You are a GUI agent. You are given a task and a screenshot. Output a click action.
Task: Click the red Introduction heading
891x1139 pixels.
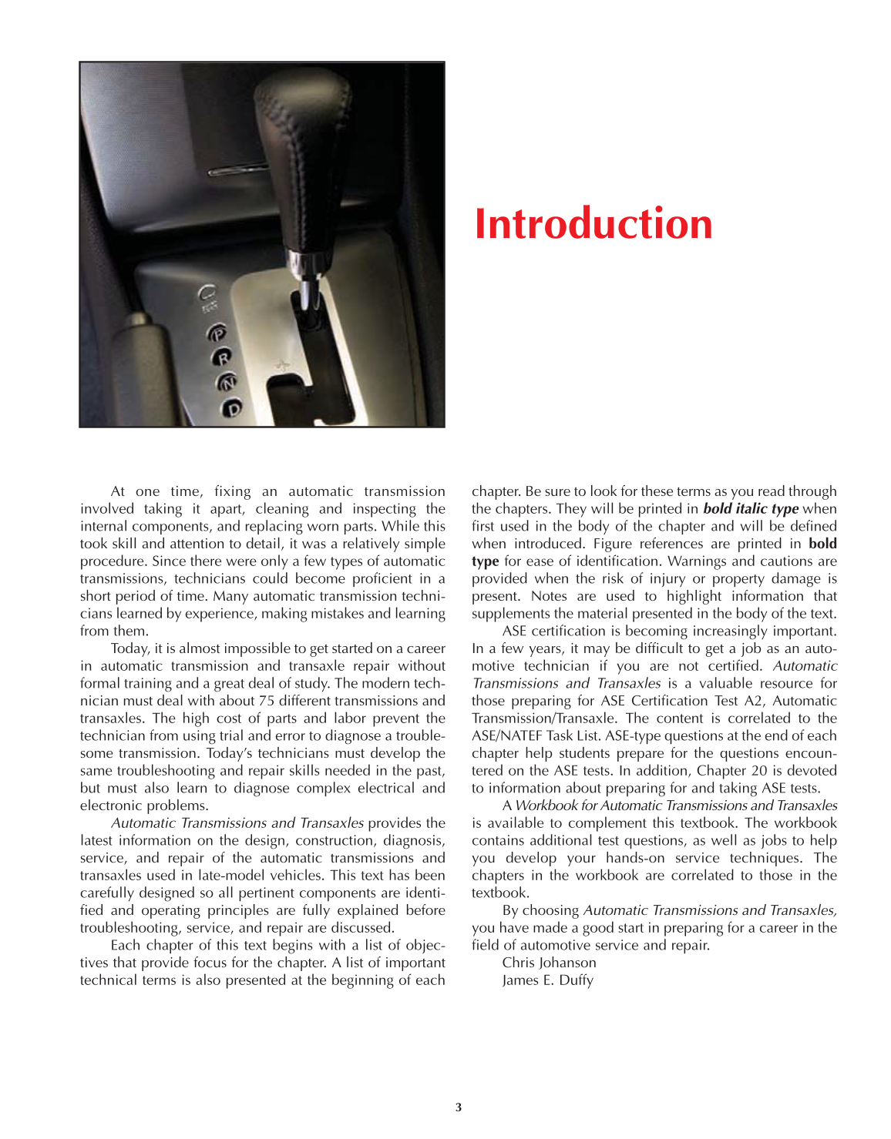(593, 224)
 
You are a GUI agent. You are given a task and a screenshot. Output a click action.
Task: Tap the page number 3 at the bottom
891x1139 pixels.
(459, 1107)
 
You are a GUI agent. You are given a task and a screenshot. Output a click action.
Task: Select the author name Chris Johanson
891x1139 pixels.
(549, 963)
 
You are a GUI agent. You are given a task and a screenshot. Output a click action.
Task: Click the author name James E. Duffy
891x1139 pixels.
(547, 980)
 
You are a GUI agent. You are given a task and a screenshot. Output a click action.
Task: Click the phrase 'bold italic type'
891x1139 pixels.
(750, 509)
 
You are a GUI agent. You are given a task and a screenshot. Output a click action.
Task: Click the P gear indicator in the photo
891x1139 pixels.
(218, 333)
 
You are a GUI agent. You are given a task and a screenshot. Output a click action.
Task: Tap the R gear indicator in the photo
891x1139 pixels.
(223, 357)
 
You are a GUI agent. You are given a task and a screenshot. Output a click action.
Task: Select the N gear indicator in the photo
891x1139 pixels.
(227, 382)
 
